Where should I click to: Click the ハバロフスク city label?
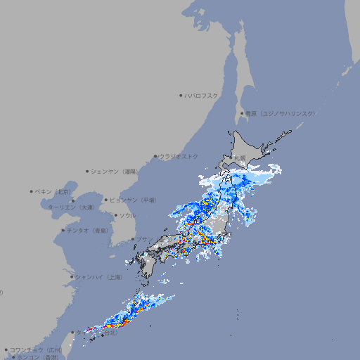(x=202, y=95)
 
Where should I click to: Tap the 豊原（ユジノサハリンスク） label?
(x=280, y=113)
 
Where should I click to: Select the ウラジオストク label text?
(x=179, y=156)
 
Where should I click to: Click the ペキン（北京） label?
(x=54, y=191)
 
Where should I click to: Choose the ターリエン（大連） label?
(x=71, y=207)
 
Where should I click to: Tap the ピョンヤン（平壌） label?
(x=133, y=200)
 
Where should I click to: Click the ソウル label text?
(x=127, y=215)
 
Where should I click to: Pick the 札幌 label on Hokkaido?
(x=240, y=157)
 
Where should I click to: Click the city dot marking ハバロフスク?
(x=181, y=95)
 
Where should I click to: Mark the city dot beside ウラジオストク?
(x=155, y=156)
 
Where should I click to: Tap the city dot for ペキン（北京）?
(x=32, y=191)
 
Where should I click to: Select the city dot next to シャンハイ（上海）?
(x=72, y=277)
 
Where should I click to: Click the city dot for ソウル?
(x=115, y=215)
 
